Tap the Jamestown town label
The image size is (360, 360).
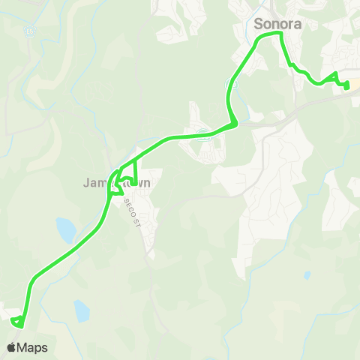tap(117, 183)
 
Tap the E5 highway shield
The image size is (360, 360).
tap(29, 31)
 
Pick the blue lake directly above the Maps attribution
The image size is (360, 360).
tap(82, 310)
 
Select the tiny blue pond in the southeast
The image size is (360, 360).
tap(307, 275)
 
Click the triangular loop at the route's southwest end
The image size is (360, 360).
tap(18, 322)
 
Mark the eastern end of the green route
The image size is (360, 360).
tap(347, 86)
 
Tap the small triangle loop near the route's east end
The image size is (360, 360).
tap(334, 77)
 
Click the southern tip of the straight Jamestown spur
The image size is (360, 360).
tap(134, 182)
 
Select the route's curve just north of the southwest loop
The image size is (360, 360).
tap(32, 284)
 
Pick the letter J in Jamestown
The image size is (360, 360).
tap(87, 183)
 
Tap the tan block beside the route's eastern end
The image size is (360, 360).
tap(355, 82)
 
